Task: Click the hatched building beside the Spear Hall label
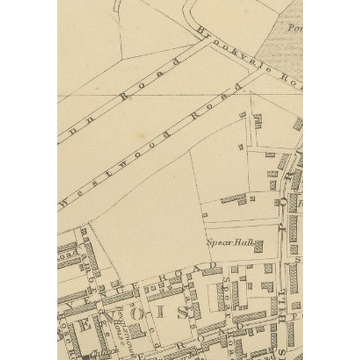[x=259, y=246]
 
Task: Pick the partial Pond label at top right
[x=296, y=26]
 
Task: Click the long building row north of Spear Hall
[x=233, y=198]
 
